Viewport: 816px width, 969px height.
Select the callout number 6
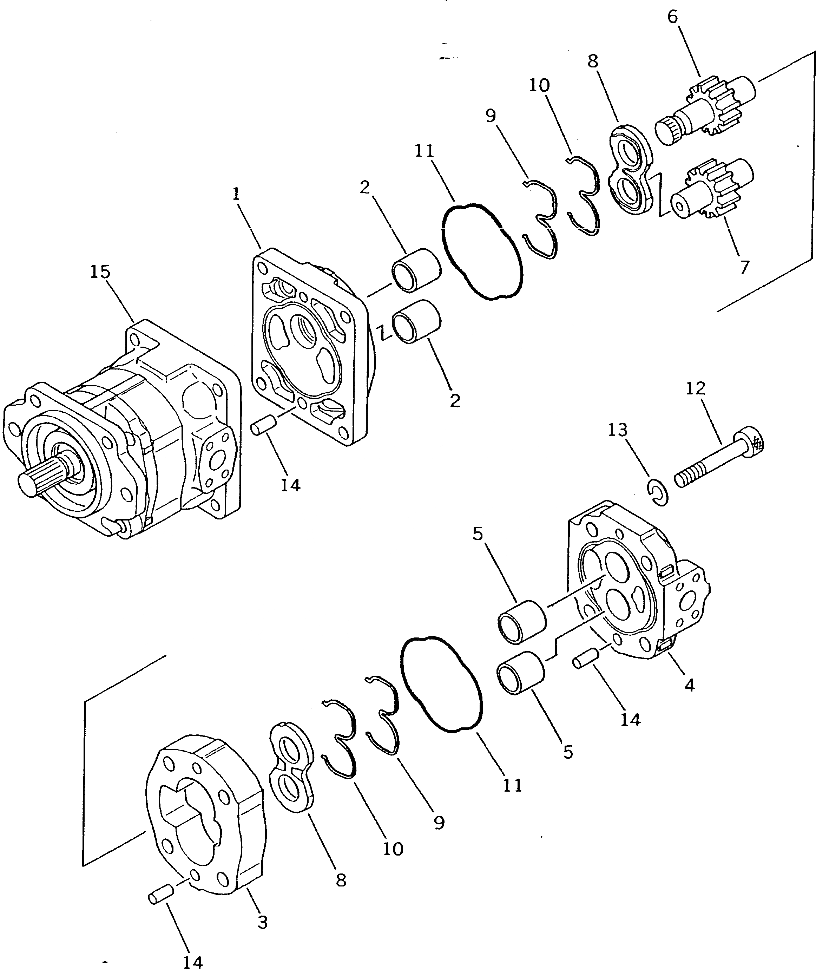672,17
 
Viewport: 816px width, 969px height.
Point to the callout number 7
744,268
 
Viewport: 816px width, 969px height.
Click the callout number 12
695,388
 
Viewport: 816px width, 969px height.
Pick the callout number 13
618,430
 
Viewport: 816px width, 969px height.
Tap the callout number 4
689,685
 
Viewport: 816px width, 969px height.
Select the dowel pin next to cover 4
585,660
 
